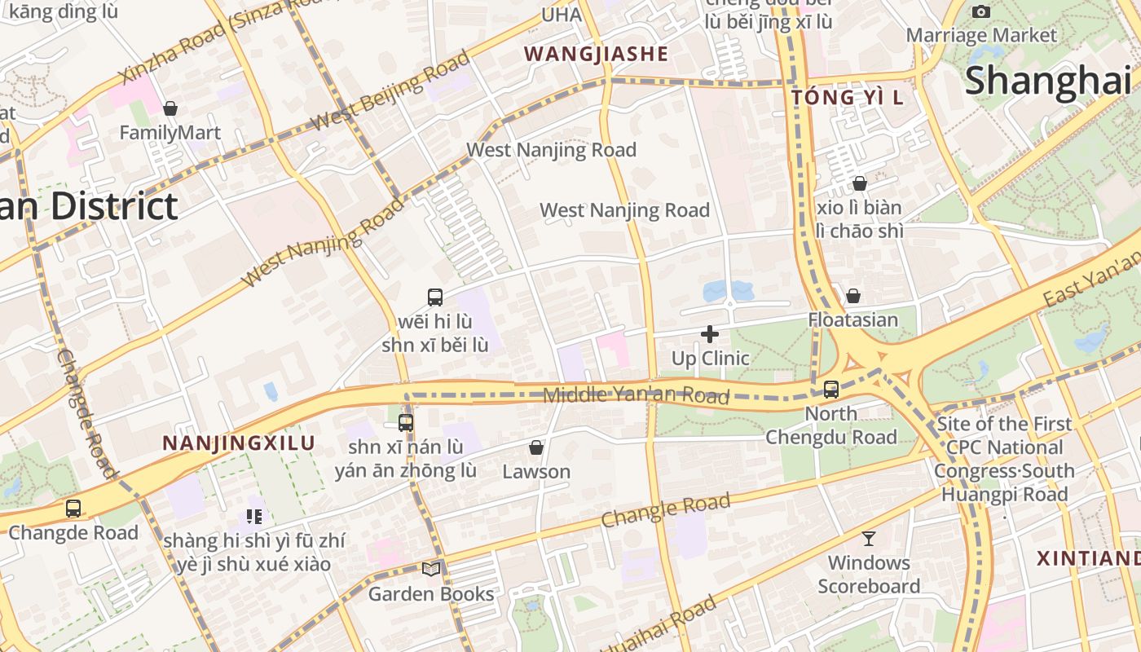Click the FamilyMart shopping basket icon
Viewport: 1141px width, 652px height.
(170, 108)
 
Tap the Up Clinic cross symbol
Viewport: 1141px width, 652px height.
(710, 334)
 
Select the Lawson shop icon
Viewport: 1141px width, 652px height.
(536, 447)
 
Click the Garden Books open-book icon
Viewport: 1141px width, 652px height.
(431, 569)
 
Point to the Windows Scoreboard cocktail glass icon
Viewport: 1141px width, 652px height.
(869, 539)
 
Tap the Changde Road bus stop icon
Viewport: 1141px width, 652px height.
(73, 509)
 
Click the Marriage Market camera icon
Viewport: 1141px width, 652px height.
(981, 11)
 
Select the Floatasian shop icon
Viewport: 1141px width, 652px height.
(853, 296)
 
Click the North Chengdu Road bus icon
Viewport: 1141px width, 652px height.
(831, 390)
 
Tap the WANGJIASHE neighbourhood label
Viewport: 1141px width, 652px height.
(596, 55)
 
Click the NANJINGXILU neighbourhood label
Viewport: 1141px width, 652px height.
(239, 443)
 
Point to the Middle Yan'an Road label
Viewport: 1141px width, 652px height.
(636, 395)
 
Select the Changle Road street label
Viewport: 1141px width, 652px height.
(666, 510)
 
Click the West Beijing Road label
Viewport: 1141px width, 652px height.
(391, 90)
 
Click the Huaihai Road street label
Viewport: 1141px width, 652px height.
(660, 624)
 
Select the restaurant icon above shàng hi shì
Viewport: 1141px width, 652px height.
(253, 516)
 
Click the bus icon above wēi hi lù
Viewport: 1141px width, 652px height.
(435, 297)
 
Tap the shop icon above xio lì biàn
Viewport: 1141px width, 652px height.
(860, 183)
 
